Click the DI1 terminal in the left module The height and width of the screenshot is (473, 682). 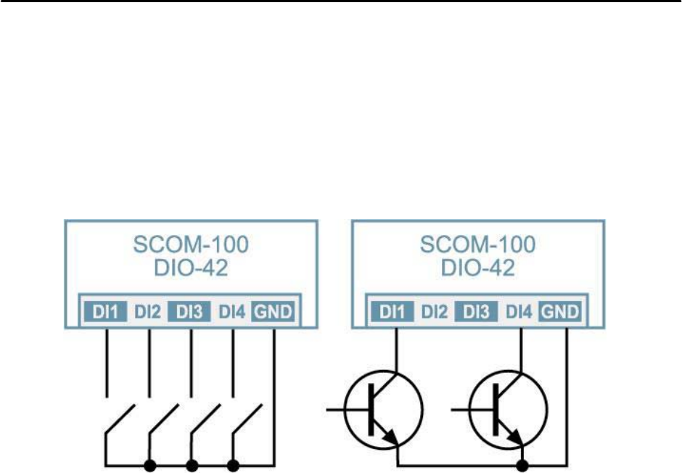click(107, 313)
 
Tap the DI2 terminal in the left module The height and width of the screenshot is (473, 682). click(149, 313)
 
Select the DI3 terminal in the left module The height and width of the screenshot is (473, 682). click(190, 313)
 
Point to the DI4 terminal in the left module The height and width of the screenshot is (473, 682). click(232, 313)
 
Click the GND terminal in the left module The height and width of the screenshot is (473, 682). click(274, 313)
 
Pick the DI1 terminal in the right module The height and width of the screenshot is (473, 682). click(394, 313)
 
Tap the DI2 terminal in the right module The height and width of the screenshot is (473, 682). click(435, 313)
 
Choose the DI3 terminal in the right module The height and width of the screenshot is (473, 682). click(477, 313)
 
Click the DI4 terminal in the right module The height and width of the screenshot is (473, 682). click(519, 313)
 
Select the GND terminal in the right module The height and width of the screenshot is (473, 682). click(561, 313)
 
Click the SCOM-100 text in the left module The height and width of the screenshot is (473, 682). click(190, 244)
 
